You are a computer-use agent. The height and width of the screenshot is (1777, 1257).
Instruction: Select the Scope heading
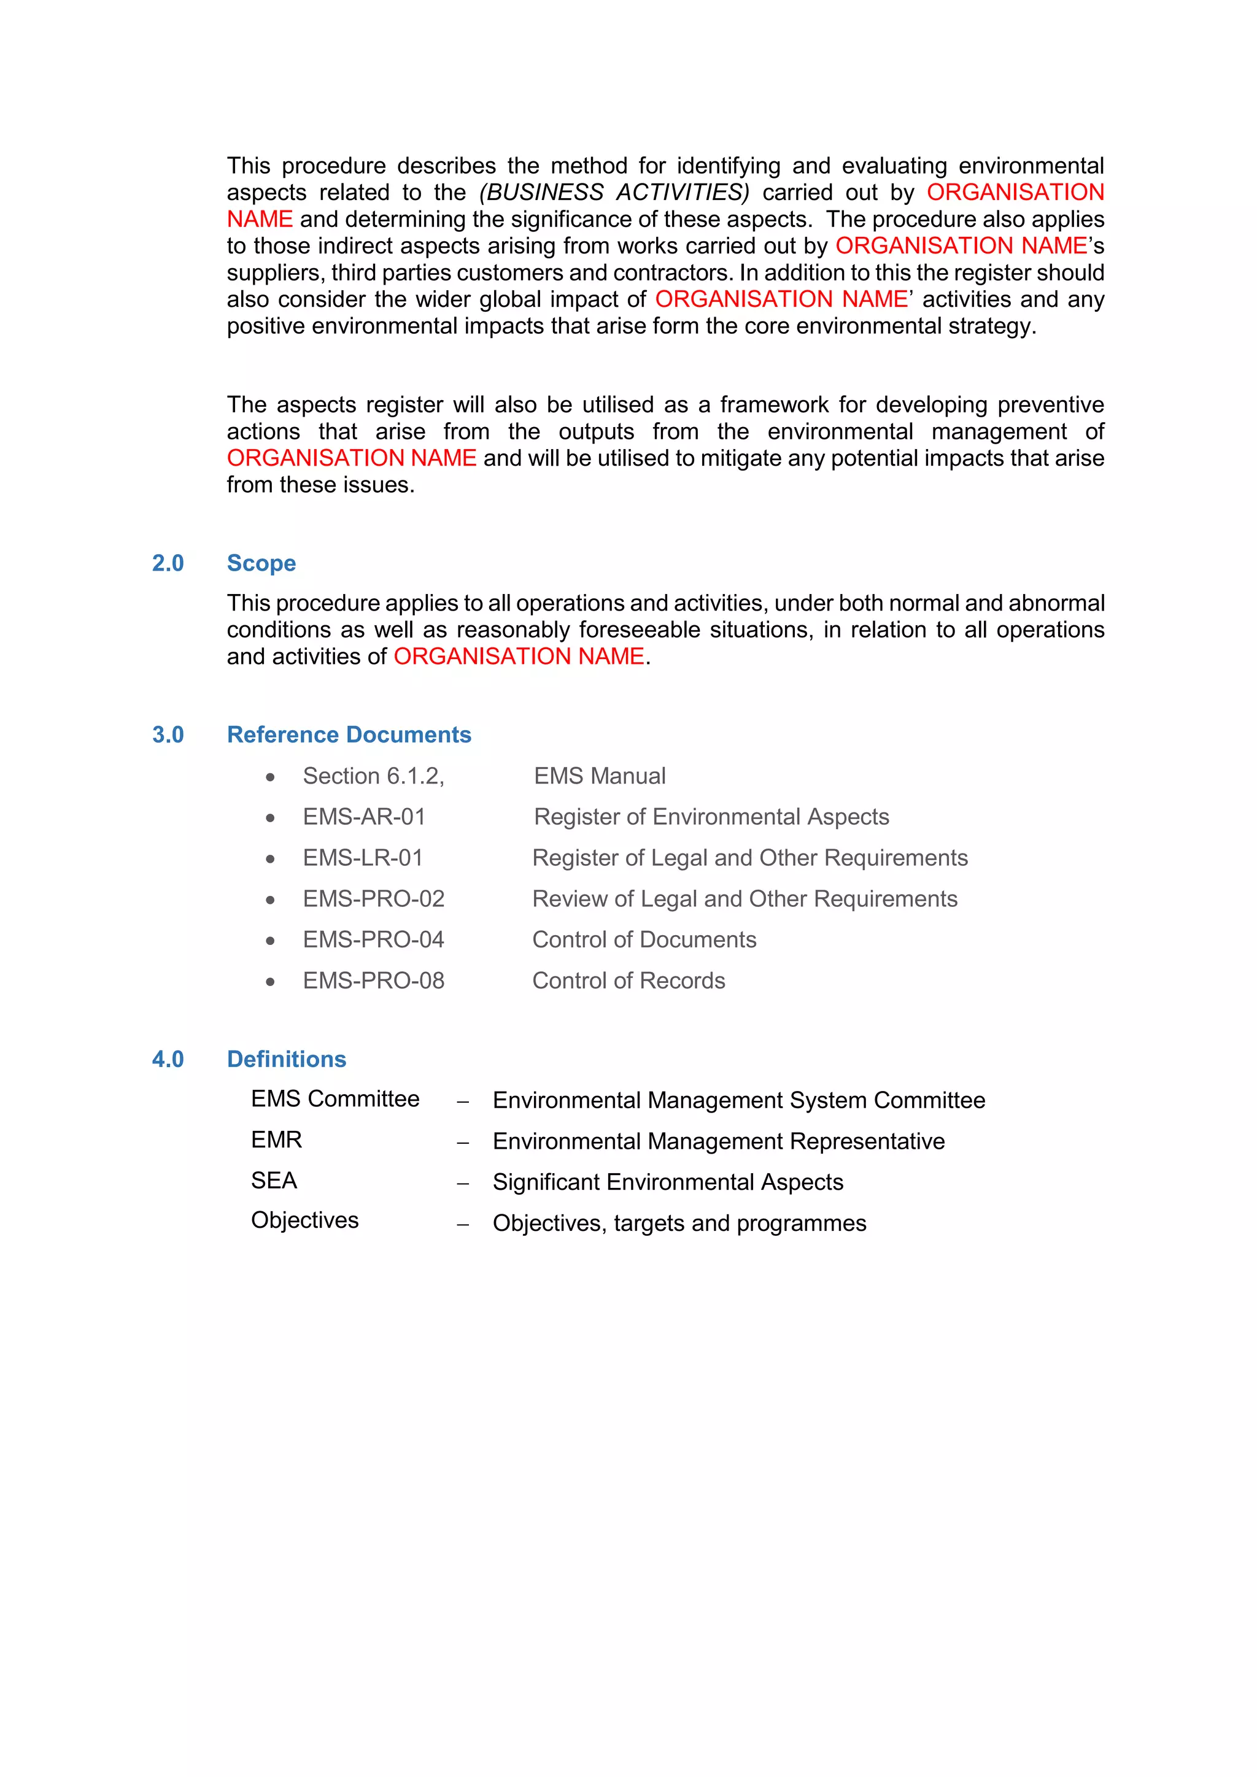[261, 563]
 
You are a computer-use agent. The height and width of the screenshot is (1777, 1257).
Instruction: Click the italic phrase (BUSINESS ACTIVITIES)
[614, 192]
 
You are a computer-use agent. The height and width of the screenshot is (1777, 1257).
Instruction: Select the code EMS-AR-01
[364, 817]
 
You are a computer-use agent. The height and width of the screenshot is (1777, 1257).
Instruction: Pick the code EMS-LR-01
[362, 858]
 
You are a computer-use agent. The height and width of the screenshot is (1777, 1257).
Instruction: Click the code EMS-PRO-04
[373, 939]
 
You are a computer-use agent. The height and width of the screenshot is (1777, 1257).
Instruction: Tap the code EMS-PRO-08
[373, 981]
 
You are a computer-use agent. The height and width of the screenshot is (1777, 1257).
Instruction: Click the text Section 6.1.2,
[373, 776]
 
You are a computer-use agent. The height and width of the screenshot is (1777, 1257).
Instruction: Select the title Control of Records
[628, 981]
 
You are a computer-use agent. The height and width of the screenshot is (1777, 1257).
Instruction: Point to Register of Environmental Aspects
[711, 817]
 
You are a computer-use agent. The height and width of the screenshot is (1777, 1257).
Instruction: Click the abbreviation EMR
[276, 1140]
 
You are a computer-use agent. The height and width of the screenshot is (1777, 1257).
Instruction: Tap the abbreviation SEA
[274, 1181]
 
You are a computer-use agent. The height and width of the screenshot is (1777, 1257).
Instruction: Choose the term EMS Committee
[335, 1099]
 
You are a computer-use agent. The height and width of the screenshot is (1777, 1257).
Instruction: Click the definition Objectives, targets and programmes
[679, 1223]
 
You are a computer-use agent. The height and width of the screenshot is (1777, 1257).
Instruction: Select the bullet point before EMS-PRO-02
[270, 900]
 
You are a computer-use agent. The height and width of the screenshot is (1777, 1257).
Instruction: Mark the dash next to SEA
[463, 1184]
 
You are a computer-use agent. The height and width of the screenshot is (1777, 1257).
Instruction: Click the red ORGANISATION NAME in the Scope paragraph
[519, 657]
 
